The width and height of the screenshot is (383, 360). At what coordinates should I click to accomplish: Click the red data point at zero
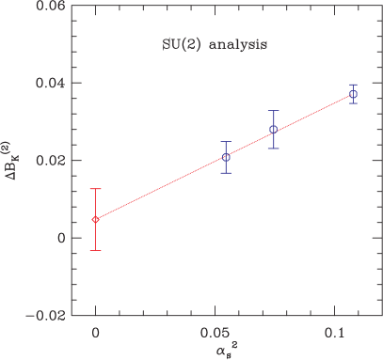point(95,219)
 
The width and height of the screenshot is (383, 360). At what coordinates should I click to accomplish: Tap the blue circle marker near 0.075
point(273,130)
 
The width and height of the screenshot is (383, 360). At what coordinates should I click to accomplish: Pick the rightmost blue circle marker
point(353,94)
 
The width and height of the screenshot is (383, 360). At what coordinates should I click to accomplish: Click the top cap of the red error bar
point(95,189)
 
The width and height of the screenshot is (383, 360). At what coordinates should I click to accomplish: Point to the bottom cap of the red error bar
point(95,250)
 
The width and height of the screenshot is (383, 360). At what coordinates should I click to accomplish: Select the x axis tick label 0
point(95,333)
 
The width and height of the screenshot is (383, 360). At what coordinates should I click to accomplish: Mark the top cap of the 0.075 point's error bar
point(273,111)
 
